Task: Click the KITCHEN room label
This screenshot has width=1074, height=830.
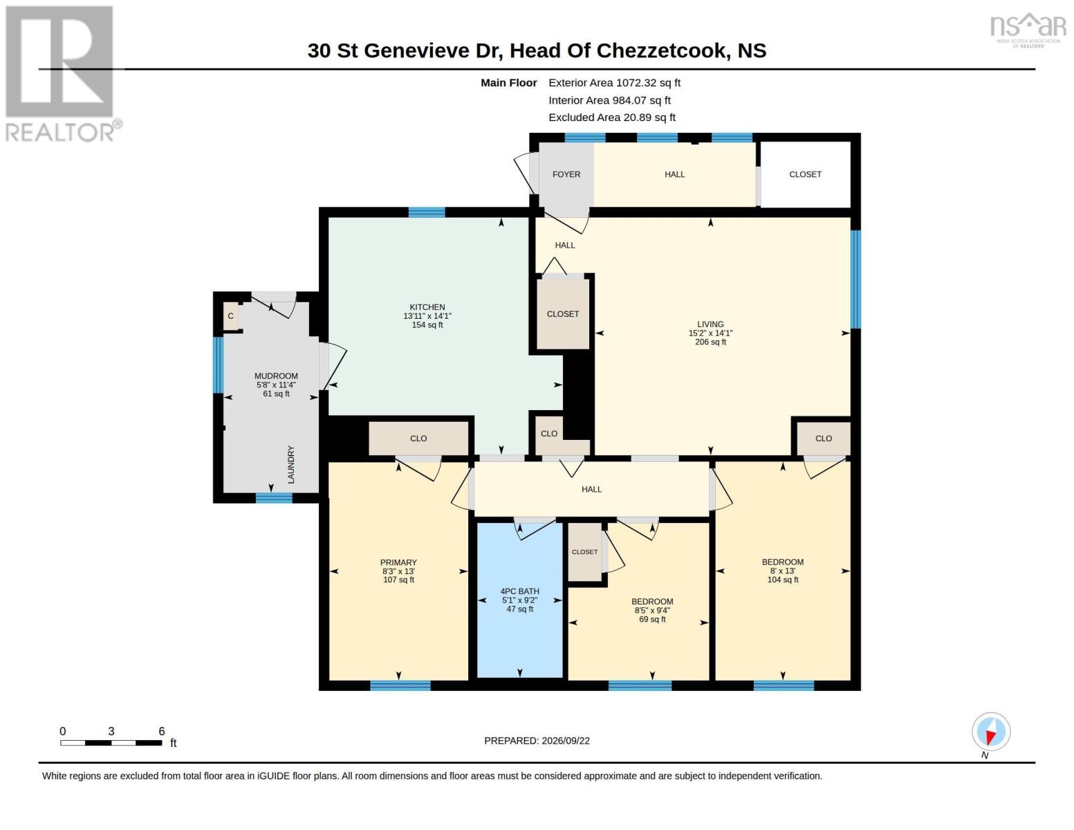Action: (427, 307)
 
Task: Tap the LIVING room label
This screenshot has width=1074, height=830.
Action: (710, 324)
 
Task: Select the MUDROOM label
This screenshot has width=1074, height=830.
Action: (276, 376)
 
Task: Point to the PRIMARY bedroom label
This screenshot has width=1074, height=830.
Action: (398, 562)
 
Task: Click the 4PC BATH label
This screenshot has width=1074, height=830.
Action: (519, 591)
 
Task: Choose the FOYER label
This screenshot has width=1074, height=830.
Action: (566, 174)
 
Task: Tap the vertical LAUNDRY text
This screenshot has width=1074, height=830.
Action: (291, 464)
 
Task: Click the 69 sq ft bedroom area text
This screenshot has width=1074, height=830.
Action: (652, 620)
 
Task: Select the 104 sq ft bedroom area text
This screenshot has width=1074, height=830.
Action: (782, 580)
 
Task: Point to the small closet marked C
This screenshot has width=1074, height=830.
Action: (231, 316)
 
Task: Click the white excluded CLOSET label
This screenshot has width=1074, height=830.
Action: (805, 174)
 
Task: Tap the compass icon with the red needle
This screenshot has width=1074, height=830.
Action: (991, 732)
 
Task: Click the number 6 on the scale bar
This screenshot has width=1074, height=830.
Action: (162, 731)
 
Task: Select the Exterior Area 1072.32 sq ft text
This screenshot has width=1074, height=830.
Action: (614, 83)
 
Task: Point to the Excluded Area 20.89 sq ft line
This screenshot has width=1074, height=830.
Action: (612, 118)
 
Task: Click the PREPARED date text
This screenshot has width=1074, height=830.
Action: (537, 741)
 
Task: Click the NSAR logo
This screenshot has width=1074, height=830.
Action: (1028, 30)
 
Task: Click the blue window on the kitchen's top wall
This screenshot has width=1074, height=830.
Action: (427, 212)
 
